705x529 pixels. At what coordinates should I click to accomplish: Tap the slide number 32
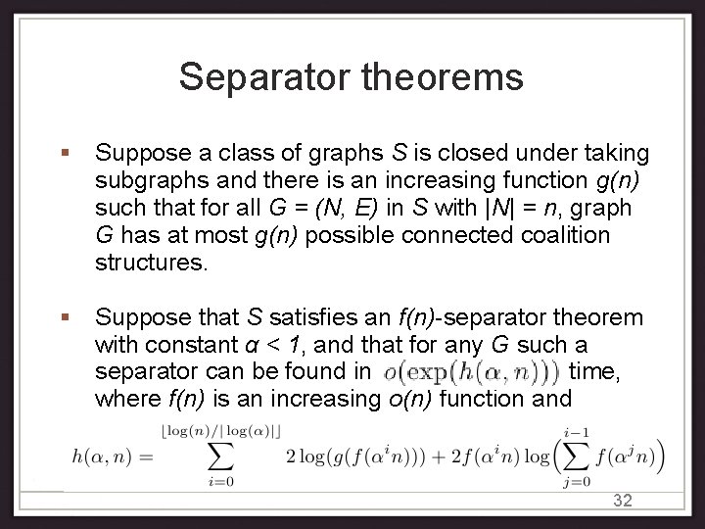623,501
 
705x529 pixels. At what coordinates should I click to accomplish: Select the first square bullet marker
65,154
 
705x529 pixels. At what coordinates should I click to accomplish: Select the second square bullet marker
65,317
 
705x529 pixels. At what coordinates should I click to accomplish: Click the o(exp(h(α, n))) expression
472,372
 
